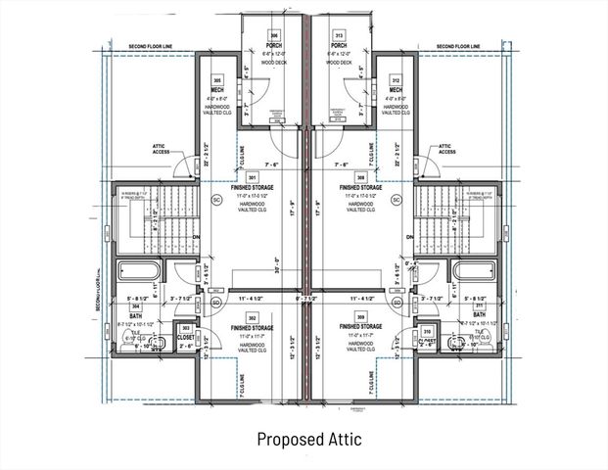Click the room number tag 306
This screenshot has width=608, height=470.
pos(273,35)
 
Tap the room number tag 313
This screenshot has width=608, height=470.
pos(339,35)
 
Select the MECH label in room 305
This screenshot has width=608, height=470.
pos(217,91)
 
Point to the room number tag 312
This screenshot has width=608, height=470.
pos(395,80)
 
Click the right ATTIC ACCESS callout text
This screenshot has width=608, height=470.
pos(446,148)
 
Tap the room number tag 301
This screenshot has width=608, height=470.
pos(252,177)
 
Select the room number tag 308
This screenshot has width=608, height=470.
pos(360,177)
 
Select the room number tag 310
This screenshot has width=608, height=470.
pos(427,331)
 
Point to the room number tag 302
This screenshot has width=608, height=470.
pos(252,317)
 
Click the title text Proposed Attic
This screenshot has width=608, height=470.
pos(308,440)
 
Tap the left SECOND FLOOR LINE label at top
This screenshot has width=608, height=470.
pos(151,46)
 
